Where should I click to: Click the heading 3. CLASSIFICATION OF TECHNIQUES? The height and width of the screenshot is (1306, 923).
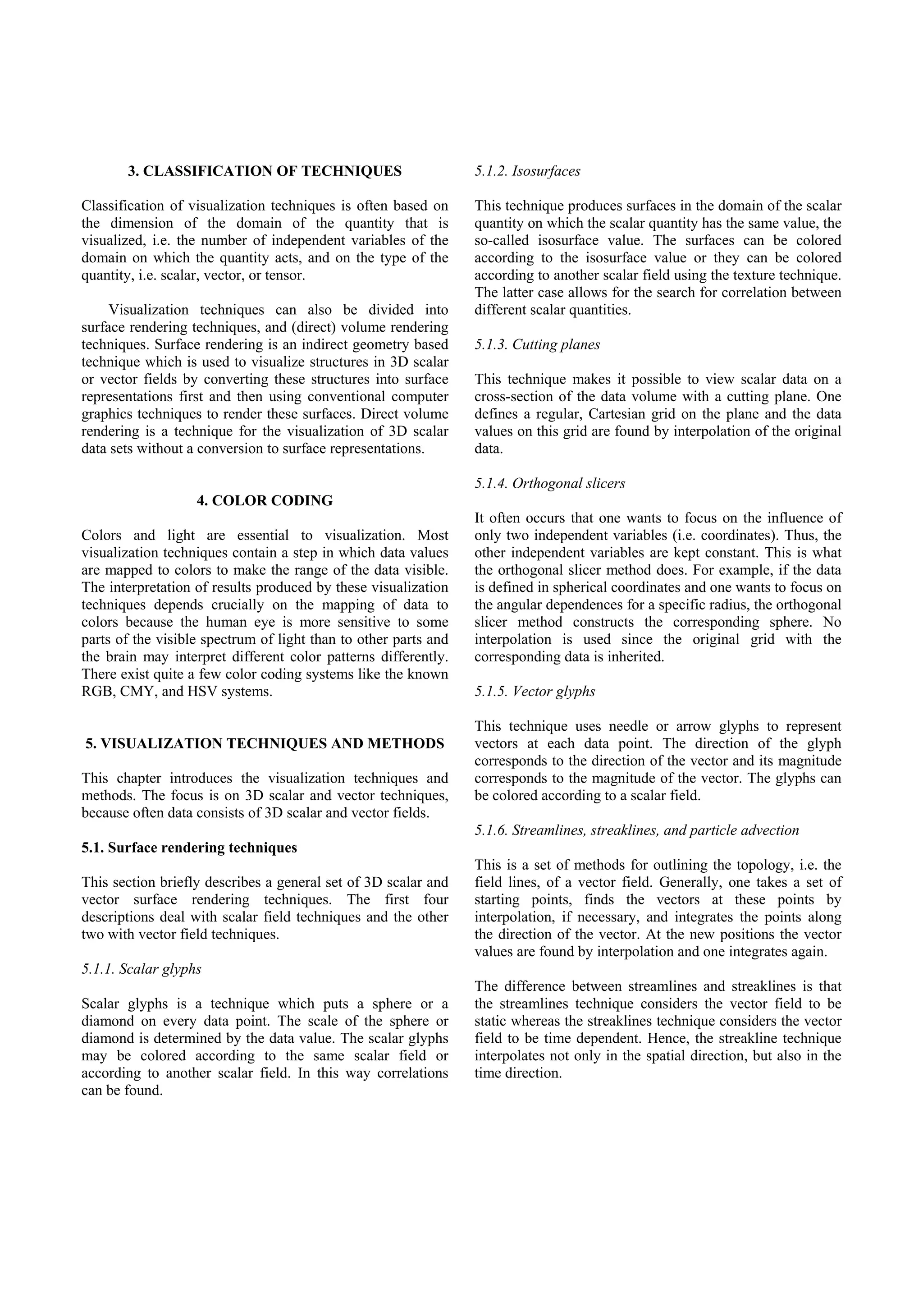click(265, 171)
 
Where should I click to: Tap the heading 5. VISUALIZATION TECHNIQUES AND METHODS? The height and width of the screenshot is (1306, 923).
click(265, 743)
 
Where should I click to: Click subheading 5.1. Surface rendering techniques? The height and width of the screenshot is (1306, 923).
click(189, 848)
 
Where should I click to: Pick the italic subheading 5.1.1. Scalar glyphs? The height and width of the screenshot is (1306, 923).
click(141, 969)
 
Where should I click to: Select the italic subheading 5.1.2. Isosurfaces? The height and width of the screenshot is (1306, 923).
click(527, 171)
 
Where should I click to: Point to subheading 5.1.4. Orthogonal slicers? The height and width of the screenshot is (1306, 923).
click(549, 483)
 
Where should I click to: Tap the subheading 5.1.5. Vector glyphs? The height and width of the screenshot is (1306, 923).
click(535, 692)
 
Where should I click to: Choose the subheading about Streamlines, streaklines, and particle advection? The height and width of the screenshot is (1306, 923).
click(636, 830)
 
